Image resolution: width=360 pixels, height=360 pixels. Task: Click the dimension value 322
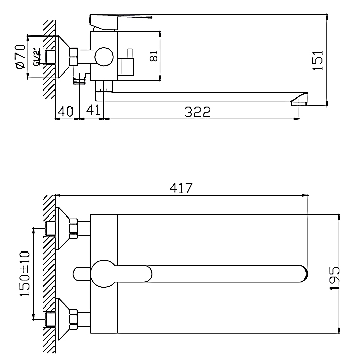pyautogui.click(x=197, y=112)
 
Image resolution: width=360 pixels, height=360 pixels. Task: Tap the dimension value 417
pyautogui.click(x=181, y=188)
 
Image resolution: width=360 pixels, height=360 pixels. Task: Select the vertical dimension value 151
pyautogui.click(x=318, y=60)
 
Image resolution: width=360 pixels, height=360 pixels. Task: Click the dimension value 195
pyautogui.click(x=334, y=278)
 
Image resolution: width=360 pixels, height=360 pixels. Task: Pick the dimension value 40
pyautogui.click(x=65, y=112)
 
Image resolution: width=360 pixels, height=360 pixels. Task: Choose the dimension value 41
pyautogui.click(x=93, y=110)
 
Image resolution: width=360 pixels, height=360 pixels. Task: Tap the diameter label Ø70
pyautogui.click(x=21, y=57)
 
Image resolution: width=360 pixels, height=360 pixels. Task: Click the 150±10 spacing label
pyautogui.click(x=25, y=274)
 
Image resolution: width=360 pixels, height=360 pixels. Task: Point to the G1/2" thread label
pyautogui.click(x=37, y=57)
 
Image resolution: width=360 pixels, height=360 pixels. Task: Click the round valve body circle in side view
pyautogui.click(x=104, y=57)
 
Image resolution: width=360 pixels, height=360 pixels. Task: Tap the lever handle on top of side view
pyautogui.click(x=121, y=23)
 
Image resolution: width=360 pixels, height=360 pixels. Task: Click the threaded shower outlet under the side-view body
pyautogui.click(x=79, y=81)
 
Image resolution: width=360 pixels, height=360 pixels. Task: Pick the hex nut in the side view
pyautogui.click(x=74, y=57)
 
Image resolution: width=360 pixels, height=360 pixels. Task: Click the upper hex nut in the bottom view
pyautogui.click(x=74, y=229)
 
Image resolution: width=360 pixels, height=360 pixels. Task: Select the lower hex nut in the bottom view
pyautogui.click(x=74, y=319)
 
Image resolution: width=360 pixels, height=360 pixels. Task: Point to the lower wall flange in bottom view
pyautogui.click(x=62, y=319)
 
